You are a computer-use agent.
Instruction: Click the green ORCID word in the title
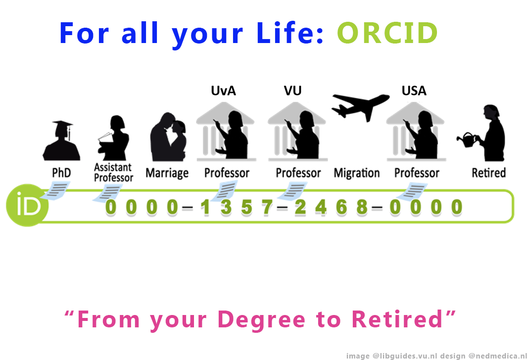(387, 33)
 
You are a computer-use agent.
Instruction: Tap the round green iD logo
(27, 205)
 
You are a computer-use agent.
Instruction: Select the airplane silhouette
(360, 106)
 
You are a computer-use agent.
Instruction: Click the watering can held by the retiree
(466, 140)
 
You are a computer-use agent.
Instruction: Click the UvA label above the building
(223, 91)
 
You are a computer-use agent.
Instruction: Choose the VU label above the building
(292, 91)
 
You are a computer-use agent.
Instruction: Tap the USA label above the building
(414, 91)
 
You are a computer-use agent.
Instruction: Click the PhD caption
(61, 173)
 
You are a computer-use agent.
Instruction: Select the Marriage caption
(167, 173)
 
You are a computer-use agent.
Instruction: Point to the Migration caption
(357, 173)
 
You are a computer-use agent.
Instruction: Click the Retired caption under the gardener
(488, 173)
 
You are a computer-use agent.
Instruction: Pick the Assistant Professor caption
(113, 172)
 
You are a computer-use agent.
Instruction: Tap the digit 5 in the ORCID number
(246, 207)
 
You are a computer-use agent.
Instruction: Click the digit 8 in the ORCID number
(362, 207)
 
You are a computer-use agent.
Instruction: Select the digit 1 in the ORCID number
(205, 207)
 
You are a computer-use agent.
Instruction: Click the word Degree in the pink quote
(261, 319)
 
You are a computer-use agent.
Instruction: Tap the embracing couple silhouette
(168, 136)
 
